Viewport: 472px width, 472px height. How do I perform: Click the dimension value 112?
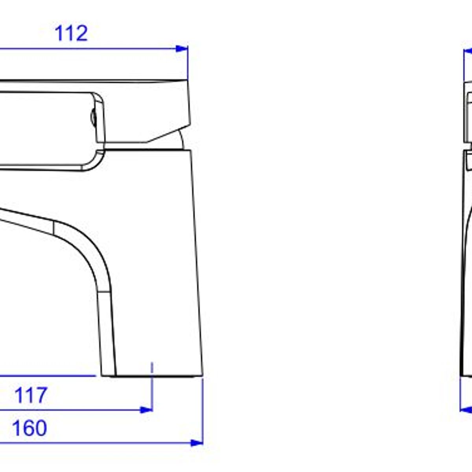tap(71, 33)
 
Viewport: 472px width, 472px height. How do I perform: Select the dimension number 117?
tap(31, 395)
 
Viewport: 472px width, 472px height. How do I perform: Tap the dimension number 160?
tap(29, 428)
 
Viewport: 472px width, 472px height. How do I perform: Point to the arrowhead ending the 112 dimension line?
tap(182, 48)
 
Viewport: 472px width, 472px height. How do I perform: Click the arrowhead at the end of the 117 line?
tap(146, 410)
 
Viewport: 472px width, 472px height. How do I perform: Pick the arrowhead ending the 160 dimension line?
tap(197, 443)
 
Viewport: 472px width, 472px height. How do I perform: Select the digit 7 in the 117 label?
tap(41, 395)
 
